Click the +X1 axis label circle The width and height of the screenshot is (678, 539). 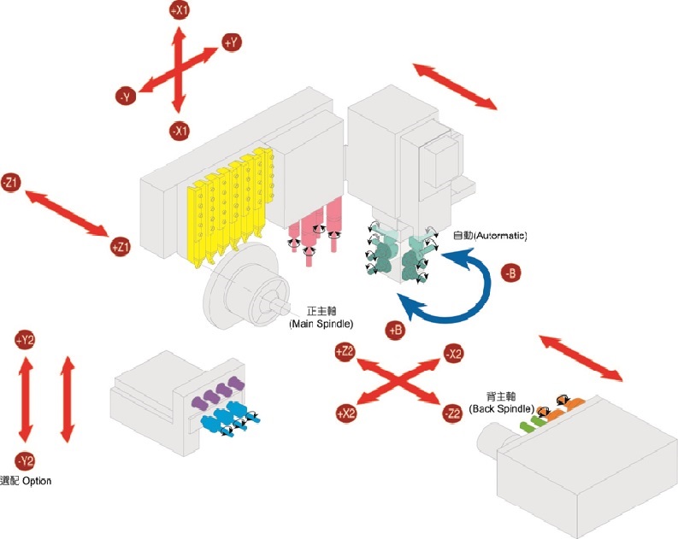[x=179, y=10]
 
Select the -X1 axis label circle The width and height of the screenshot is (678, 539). [x=179, y=131]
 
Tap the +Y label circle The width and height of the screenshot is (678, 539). [x=232, y=43]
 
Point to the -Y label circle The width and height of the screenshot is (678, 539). [x=126, y=97]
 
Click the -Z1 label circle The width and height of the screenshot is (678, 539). [x=11, y=183]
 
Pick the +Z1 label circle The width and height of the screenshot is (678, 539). [x=121, y=247]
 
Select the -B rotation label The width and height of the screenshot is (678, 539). [x=510, y=273]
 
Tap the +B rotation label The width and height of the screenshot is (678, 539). [x=395, y=330]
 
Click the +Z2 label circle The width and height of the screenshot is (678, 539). [x=345, y=352]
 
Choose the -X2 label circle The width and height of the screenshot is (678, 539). [x=454, y=354]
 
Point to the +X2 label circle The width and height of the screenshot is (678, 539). [x=346, y=413]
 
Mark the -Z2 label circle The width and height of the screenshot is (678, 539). [x=452, y=413]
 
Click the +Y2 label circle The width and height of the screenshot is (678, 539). [x=25, y=340]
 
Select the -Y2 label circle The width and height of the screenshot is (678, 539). [x=25, y=460]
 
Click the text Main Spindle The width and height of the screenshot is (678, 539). [x=321, y=324]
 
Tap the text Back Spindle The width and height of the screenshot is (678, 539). [x=502, y=408]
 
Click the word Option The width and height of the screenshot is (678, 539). [x=37, y=481]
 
